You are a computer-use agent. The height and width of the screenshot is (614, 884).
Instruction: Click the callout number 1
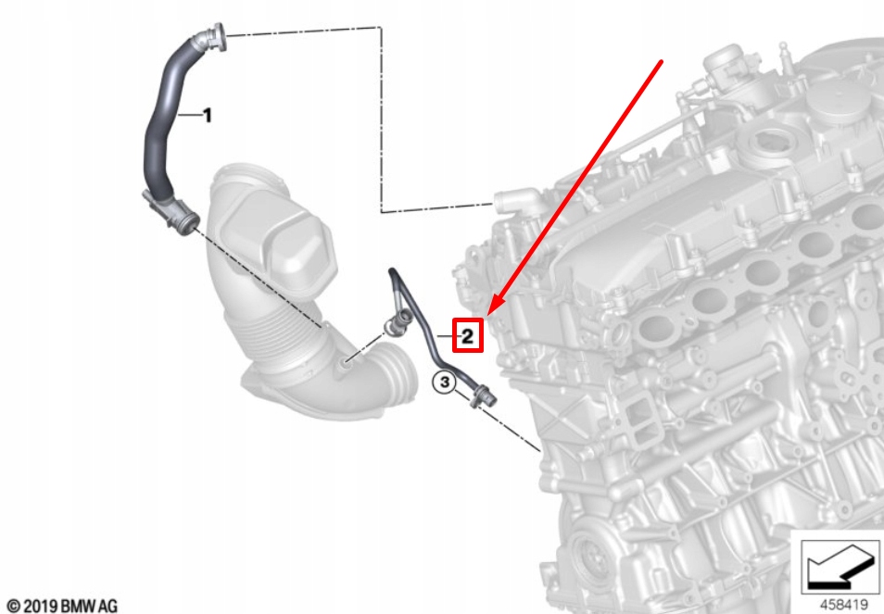click(208, 116)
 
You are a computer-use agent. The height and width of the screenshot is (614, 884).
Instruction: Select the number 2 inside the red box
click(467, 336)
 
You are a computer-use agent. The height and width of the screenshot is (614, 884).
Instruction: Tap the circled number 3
click(445, 382)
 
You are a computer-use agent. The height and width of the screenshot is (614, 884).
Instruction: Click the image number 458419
click(843, 604)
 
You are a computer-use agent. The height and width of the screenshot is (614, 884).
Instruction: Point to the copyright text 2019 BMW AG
click(62, 606)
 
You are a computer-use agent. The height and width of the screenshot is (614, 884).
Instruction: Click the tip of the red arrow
click(488, 314)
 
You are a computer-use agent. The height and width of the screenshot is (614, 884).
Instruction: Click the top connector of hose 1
click(212, 38)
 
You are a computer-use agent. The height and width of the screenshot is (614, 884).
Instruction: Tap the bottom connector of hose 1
click(171, 214)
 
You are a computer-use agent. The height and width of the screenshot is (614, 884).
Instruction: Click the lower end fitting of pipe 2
click(483, 395)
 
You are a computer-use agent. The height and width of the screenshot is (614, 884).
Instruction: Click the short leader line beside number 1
click(190, 116)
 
